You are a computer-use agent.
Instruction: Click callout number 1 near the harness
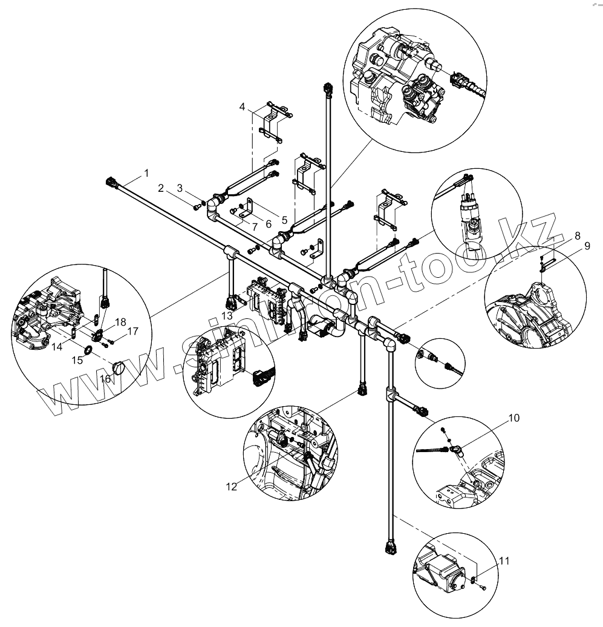[146, 173]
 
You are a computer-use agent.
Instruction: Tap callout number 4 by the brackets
[243, 107]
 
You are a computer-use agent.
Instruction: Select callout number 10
[513, 418]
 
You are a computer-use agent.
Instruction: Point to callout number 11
[503, 562]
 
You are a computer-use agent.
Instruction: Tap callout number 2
[161, 188]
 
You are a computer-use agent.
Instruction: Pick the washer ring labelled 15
[88, 350]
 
